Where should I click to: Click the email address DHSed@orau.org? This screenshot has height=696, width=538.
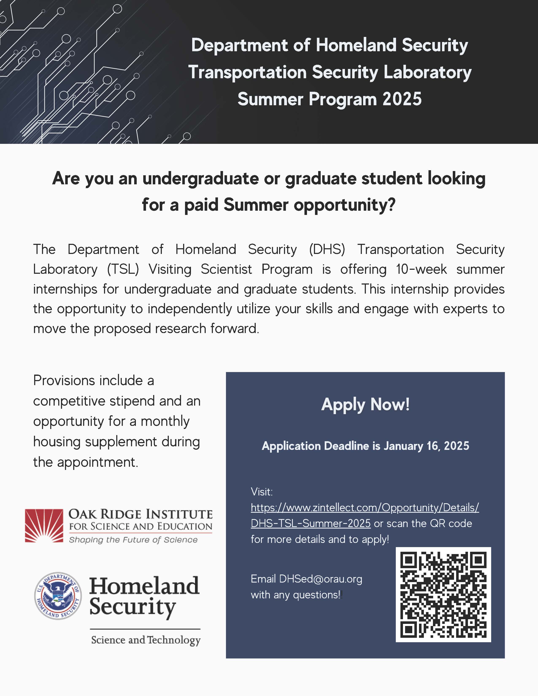point(321,579)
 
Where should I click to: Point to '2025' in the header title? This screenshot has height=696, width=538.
point(402,99)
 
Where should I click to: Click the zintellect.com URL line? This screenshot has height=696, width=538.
point(365,507)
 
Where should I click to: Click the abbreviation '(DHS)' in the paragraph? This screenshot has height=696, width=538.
point(327,250)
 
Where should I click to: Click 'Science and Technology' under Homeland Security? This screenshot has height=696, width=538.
point(146,640)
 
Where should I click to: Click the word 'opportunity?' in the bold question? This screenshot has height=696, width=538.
point(345,205)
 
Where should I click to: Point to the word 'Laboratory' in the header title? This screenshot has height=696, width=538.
point(427,72)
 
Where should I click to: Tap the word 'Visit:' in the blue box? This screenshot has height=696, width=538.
point(262,492)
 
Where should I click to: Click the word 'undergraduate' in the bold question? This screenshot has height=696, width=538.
point(200,178)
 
